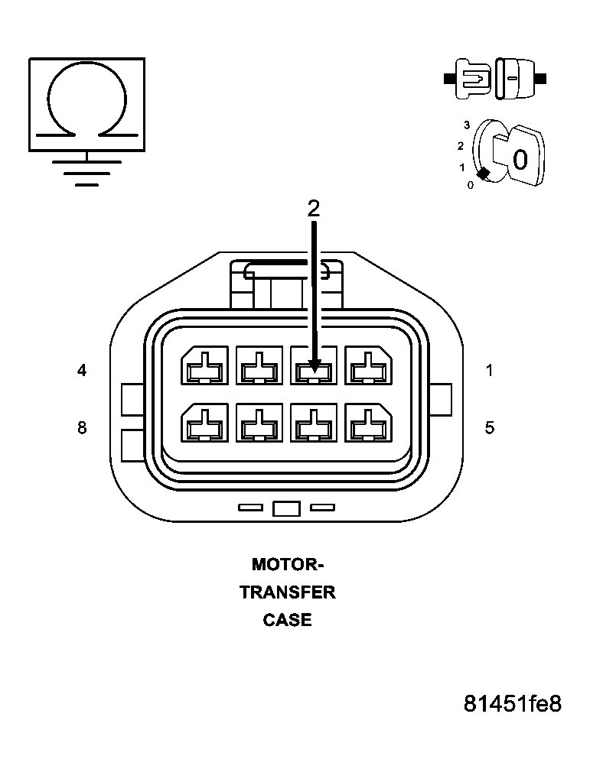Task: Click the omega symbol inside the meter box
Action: click(86, 104)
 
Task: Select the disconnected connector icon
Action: click(494, 77)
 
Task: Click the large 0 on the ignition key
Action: click(520, 160)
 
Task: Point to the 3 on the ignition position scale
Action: click(466, 124)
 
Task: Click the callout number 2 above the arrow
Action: click(313, 209)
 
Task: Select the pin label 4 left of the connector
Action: click(82, 371)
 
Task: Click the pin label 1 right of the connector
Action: click(489, 371)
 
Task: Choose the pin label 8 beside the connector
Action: click(82, 427)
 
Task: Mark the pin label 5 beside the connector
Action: click(489, 427)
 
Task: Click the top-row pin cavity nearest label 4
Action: click(204, 366)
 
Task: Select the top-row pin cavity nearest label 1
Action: click(369, 366)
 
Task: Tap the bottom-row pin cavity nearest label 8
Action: click(204, 423)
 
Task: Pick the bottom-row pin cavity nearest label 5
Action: click(369, 423)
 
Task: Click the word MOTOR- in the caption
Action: click(288, 565)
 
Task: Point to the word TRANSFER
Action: click(288, 592)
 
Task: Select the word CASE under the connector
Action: click(288, 620)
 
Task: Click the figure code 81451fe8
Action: click(512, 703)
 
